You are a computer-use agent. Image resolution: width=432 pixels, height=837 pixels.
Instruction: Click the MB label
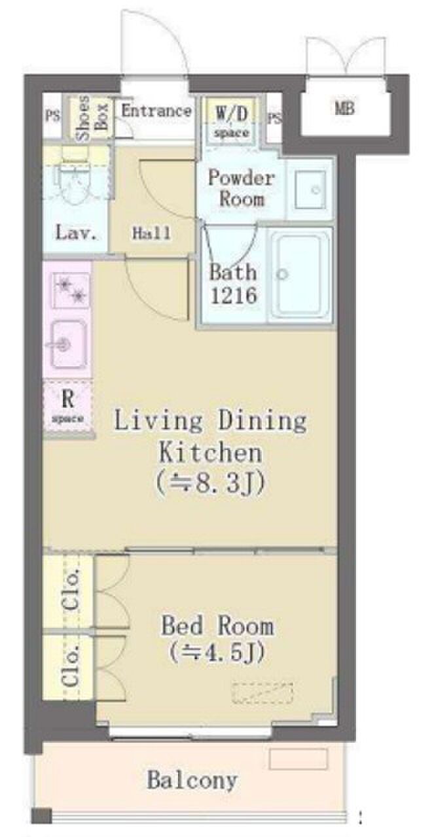[x=344, y=109]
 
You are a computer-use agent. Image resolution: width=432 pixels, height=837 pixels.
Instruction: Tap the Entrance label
[x=156, y=111]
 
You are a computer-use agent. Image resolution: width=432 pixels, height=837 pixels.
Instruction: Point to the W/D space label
[x=231, y=122]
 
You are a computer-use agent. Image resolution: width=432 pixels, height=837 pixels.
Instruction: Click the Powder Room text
[x=242, y=188]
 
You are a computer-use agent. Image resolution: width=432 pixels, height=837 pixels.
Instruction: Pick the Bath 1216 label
[x=234, y=284]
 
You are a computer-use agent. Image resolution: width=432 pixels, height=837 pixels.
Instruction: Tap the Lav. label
[x=77, y=233]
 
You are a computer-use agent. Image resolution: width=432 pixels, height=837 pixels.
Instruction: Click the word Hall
[x=151, y=233]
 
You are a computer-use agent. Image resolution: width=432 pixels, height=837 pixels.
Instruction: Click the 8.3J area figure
[x=211, y=483]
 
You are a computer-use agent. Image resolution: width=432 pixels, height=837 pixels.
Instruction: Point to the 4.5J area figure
[x=217, y=653]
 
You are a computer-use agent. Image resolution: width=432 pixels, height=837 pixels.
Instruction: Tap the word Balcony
[x=192, y=780]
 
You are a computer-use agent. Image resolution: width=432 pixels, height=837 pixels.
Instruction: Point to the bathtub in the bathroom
[x=300, y=274]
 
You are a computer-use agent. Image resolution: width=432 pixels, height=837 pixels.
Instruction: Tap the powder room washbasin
[x=310, y=189]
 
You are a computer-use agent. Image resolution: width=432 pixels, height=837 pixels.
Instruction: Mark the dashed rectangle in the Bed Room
[x=262, y=694]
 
